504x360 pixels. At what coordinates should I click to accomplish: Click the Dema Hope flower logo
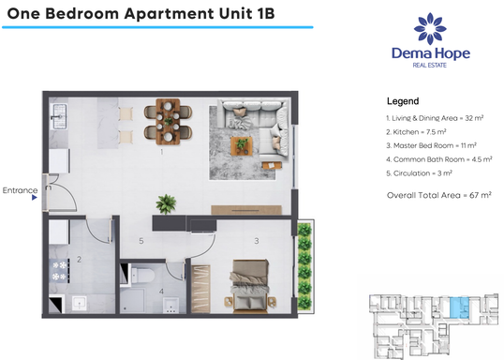pyautogui.click(x=429, y=29)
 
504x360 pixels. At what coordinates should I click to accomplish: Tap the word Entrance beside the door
pyautogui.click(x=20, y=190)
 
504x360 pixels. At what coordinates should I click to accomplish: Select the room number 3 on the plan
pyautogui.click(x=255, y=241)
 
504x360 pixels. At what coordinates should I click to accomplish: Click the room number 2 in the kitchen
pyautogui.click(x=80, y=258)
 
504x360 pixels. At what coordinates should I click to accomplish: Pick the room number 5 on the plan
pyautogui.click(x=141, y=241)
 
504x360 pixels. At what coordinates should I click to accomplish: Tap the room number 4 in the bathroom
pyautogui.click(x=161, y=291)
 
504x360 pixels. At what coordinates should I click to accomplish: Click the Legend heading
pyautogui.click(x=402, y=101)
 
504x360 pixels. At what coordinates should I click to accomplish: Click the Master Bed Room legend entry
pyautogui.click(x=431, y=145)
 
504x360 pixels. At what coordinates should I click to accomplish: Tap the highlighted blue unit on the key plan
pyautogui.click(x=456, y=307)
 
